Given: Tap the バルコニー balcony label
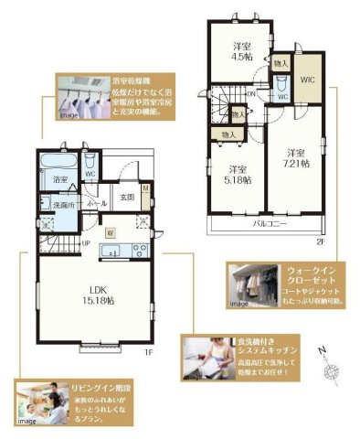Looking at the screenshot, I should click(266, 223).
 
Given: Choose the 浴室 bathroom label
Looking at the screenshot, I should click(61, 178).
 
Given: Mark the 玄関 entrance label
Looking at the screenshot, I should click(127, 196).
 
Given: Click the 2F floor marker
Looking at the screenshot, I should click(319, 241).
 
